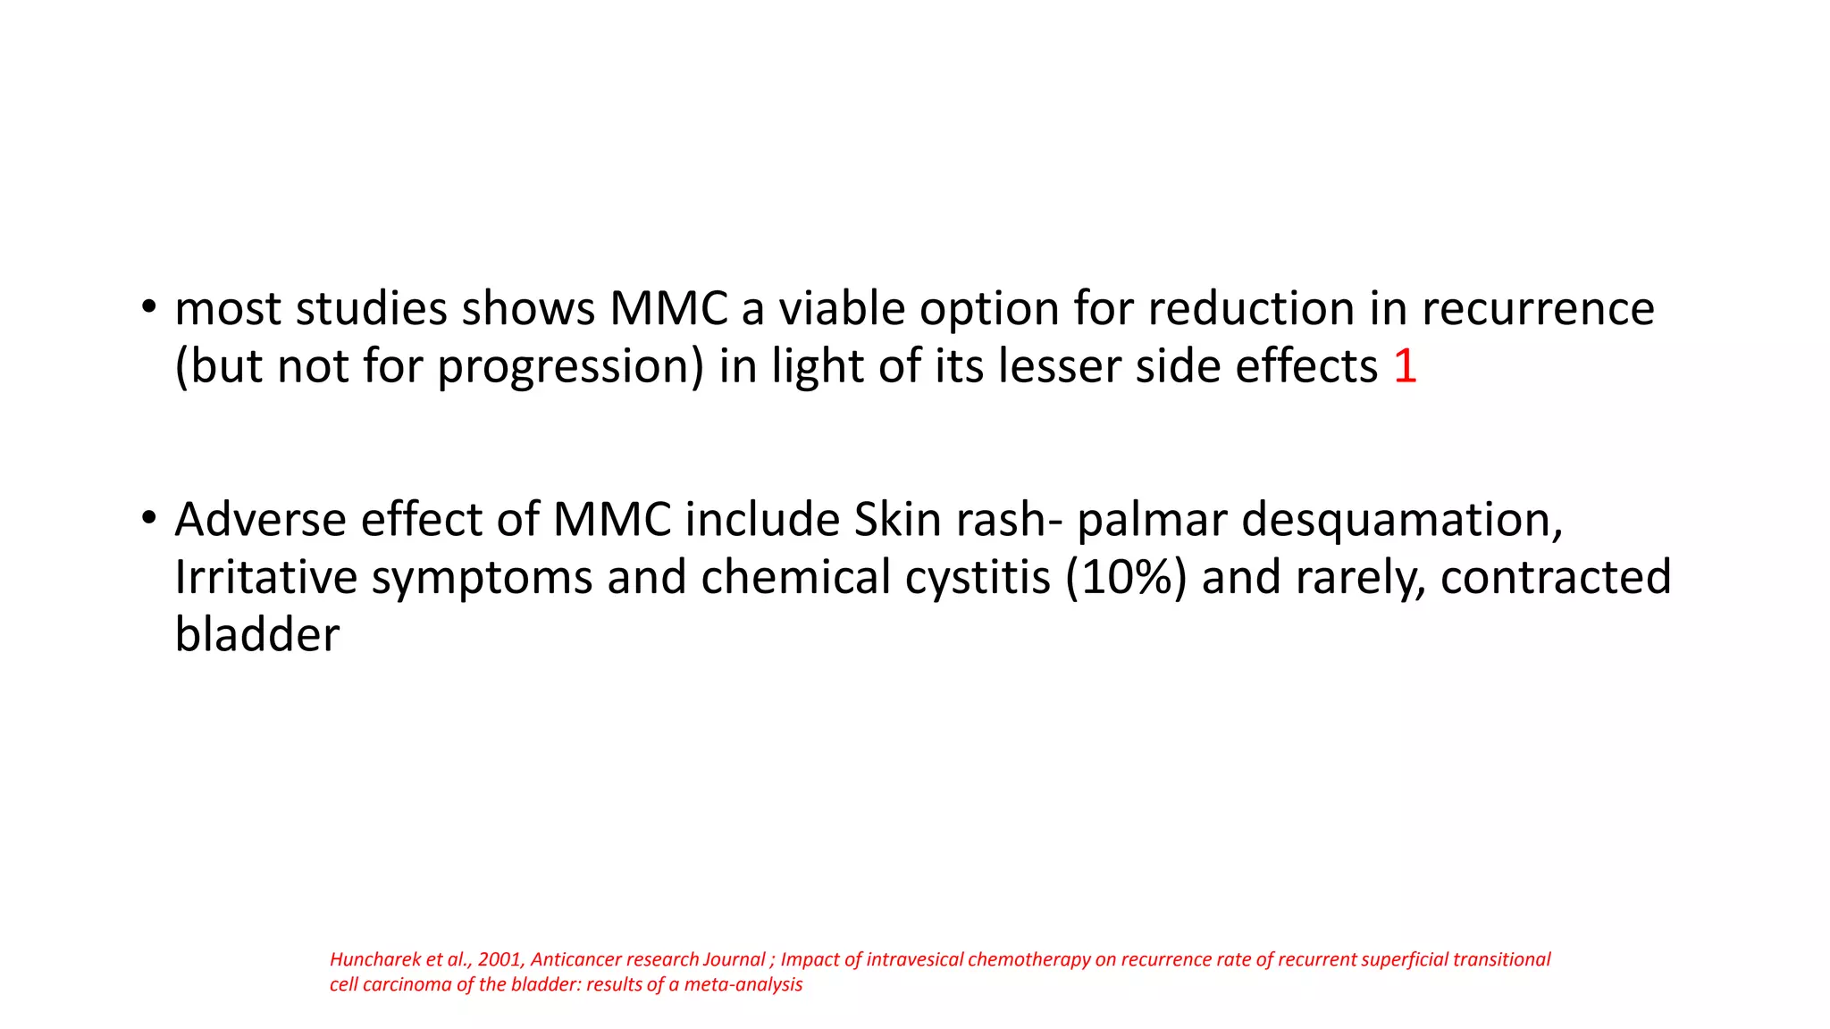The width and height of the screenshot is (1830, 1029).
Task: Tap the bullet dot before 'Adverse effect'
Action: [149, 518]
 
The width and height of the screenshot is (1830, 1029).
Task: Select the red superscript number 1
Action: [1405, 366]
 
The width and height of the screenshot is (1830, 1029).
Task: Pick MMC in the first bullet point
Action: [668, 308]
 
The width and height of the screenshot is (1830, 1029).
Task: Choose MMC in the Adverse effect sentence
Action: [612, 519]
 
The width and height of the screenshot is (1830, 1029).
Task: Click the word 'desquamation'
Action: [1402, 519]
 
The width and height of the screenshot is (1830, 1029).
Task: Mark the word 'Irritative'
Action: [265, 577]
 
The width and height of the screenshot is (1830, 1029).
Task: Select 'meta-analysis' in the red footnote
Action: [743, 984]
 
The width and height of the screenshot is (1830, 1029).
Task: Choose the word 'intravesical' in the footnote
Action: [915, 959]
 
